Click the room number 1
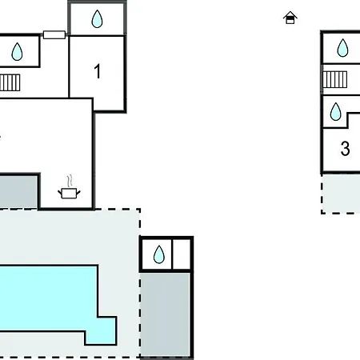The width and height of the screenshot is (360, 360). click(98, 71)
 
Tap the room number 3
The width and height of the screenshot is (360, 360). click(345, 148)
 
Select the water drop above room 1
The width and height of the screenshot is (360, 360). click(97, 19)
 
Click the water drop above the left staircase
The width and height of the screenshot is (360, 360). click(17, 51)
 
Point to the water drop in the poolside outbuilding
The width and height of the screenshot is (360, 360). click(159, 254)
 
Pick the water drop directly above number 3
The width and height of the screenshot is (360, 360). click(335, 112)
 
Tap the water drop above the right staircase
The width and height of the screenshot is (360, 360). click(342, 48)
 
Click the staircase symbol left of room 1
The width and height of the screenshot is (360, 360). click(10, 82)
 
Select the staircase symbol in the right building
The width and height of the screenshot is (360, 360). click(335, 79)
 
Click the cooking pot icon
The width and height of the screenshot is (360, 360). click(69, 193)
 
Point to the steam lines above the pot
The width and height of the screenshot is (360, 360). click(70, 181)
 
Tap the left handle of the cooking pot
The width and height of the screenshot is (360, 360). click(60, 192)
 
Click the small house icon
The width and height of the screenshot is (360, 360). click(290, 18)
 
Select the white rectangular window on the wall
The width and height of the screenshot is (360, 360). click(54, 35)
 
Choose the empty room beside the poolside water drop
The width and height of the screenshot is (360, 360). click(182, 254)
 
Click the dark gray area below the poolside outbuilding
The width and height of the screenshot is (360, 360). click(165, 314)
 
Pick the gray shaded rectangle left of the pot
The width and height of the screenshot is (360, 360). click(18, 191)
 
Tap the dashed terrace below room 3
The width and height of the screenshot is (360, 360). click(342, 194)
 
